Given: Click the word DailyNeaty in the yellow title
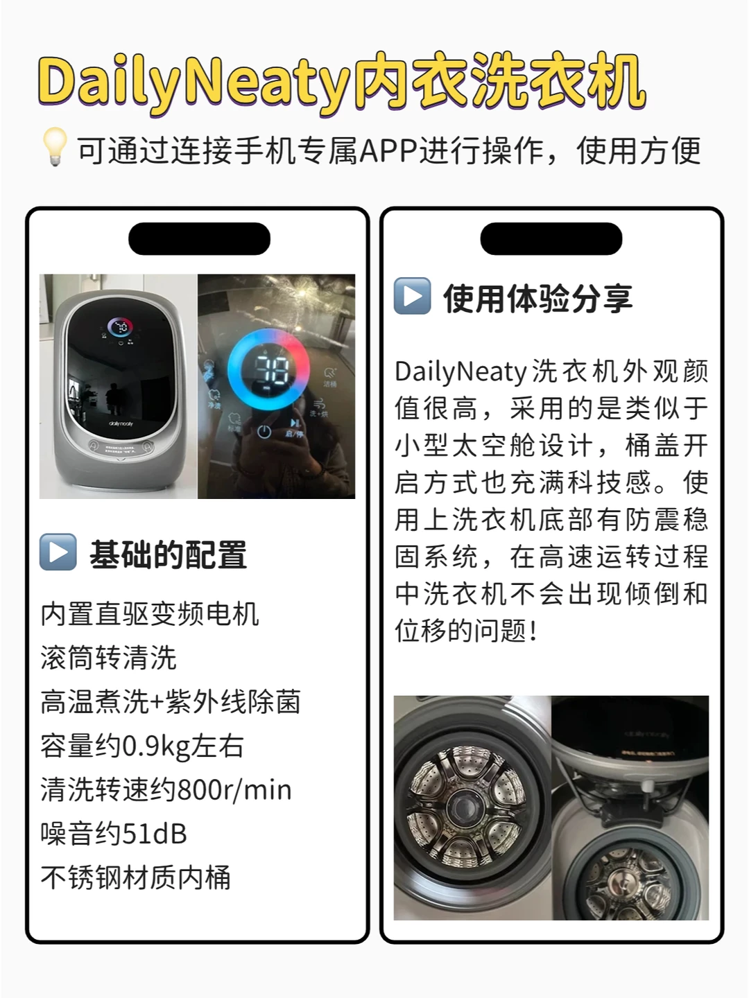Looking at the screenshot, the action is pos(194,84).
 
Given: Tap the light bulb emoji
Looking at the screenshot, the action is pos(55,146).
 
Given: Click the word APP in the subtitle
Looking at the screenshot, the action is pos(389,150).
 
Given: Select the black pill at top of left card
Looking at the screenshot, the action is pos(199,238).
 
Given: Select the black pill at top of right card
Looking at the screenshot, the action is pos(551,238).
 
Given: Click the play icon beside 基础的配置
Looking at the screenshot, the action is pos(58,552).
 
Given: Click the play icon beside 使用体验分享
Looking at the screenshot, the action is pos(412,296).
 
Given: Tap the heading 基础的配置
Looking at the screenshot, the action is pos(169,554).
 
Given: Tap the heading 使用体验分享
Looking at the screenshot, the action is pos(538,299).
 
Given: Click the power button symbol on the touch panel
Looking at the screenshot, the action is pos(264,432).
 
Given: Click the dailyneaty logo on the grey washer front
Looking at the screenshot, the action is pos(121,423).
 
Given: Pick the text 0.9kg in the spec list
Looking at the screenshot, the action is pos(157,746).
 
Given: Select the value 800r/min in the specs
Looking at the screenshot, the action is pos(234,790).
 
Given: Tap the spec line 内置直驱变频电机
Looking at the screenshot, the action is pos(150,614).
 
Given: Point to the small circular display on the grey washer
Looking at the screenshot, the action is pos(121,327).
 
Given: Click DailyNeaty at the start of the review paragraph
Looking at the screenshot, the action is pos(460,371).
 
